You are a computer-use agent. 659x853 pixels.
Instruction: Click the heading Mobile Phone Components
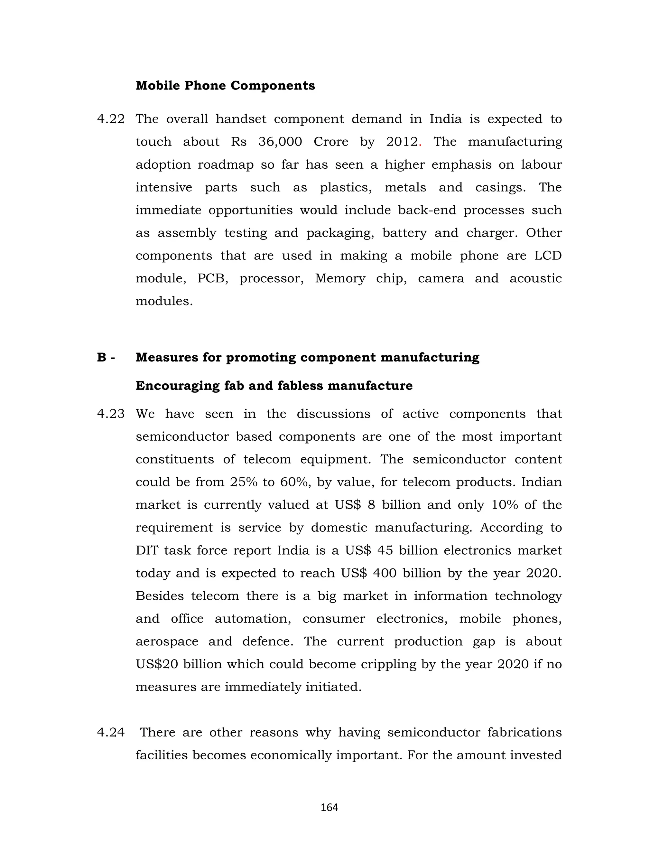pyautogui.click(x=225, y=86)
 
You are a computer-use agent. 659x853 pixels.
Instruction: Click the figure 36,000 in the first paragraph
pyautogui.click(x=280, y=142)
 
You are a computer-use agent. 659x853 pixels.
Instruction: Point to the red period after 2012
pyautogui.click(x=420, y=145)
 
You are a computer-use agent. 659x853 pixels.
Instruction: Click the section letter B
pyautogui.click(x=101, y=357)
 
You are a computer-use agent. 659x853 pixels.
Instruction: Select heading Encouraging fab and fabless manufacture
pyautogui.click(x=274, y=386)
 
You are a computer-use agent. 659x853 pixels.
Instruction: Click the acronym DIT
pyautogui.click(x=146, y=551)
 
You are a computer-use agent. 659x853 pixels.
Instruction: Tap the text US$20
pyautogui.click(x=157, y=664)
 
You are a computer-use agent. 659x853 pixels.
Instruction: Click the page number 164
pyautogui.click(x=329, y=808)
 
